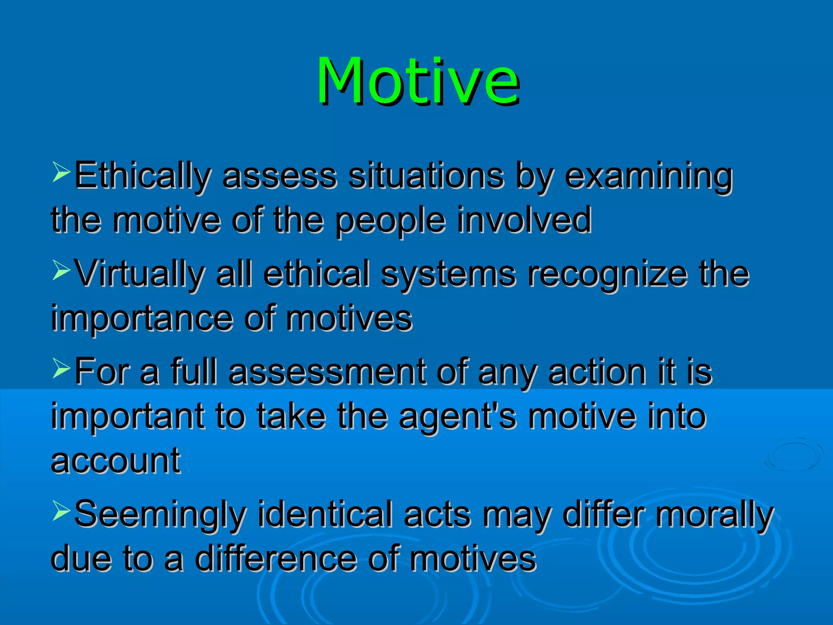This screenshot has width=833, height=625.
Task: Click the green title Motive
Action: coord(418,81)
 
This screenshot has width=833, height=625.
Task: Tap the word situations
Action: coord(426,176)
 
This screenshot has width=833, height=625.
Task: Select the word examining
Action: coord(649,176)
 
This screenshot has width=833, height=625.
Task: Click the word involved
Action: coord(524,220)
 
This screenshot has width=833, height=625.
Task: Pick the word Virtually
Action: coord(140,274)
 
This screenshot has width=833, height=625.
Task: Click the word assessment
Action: coord(327,372)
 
